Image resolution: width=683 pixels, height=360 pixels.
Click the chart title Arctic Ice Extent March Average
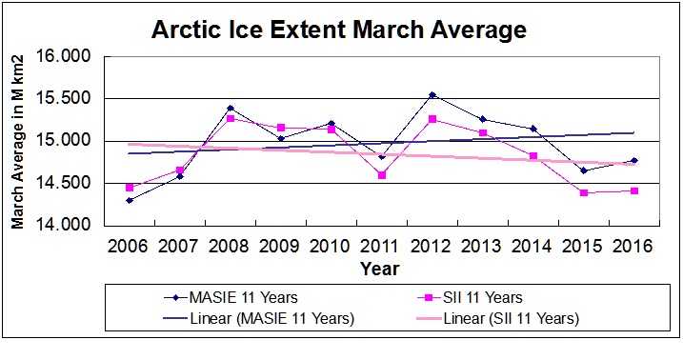click(x=338, y=30)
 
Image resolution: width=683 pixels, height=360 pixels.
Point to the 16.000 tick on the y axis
click(x=68, y=56)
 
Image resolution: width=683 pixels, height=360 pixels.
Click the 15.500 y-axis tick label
click(x=68, y=98)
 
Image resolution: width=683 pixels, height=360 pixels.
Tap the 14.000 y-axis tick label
click(x=68, y=225)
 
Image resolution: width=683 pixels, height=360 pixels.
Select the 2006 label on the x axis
click(x=129, y=247)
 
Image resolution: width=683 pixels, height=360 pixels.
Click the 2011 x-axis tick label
click(x=381, y=247)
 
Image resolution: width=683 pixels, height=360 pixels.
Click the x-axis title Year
click(x=379, y=270)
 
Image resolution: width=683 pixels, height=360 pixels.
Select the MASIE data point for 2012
click(x=432, y=95)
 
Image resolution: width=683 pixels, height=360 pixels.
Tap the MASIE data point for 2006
click(x=130, y=200)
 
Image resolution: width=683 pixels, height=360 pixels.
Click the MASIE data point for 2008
click(x=231, y=109)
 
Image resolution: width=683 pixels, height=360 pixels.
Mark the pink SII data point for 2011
click(x=382, y=175)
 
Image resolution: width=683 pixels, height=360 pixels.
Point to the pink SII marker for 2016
click(x=634, y=190)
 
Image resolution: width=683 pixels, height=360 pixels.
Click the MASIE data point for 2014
click(x=533, y=129)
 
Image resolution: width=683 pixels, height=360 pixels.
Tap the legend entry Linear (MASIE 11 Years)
click(x=255, y=318)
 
